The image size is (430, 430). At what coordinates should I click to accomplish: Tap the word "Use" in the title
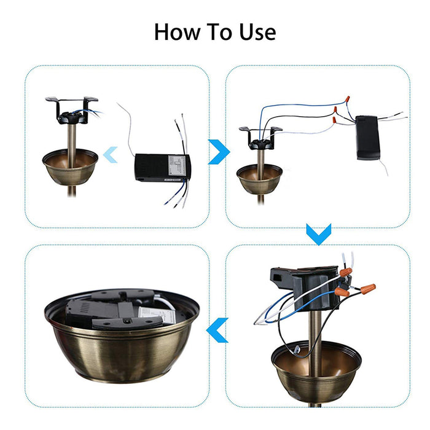(x=253, y=31)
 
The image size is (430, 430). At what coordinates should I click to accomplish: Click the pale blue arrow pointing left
(x=111, y=154)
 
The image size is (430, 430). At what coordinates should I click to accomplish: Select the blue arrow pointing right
(x=218, y=152)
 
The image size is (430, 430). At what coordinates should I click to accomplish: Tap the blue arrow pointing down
(x=319, y=233)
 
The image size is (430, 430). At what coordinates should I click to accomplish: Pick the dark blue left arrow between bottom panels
(x=217, y=330)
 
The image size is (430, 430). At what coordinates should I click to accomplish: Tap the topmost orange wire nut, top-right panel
(x=349, y=99)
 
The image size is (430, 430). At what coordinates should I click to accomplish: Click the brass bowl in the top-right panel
(x=260, y=180)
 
